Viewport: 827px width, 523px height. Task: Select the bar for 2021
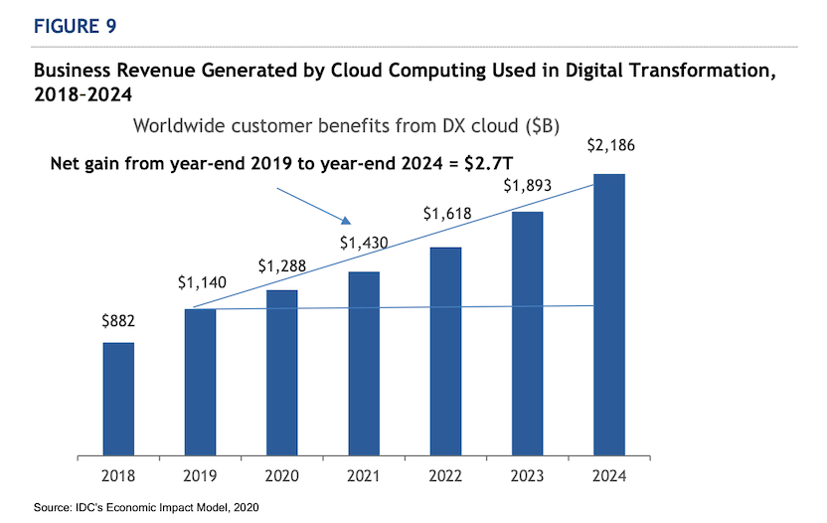pyautogui.click(x=364, y=364)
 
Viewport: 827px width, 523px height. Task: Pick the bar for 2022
pyautogui.click(x=445, y=352)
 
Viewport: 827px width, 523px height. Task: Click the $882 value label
pyautogui.click(x=118, y=323)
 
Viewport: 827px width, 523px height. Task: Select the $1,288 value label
pyautogui.click(x=283, y=266)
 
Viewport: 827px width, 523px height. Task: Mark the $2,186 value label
pyautogui.click(x=608, y=147)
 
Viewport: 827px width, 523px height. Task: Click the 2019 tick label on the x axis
pyautogui.click(x=200, y=476)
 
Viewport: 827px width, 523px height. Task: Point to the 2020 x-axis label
pyautogui.click(x=282, y=476)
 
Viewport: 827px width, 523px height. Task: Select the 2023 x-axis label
pyautogui.click(x=527, y=476)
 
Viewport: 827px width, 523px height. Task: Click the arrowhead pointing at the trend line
pyautogui.click(x=348, y=222)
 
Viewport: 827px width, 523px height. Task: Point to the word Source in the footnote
pyautogui.click(x=53, y=508)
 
